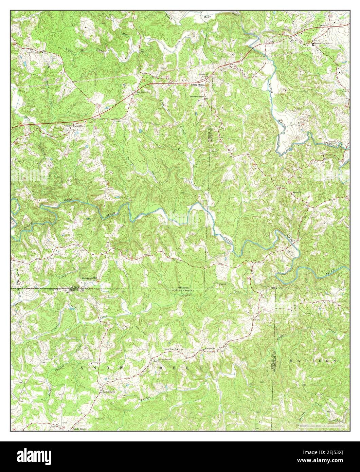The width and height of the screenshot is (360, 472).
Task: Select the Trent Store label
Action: coord(79,126)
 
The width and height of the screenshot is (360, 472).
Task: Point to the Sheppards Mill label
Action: coord(88,278)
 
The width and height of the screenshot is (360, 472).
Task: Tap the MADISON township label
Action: coord(313,360)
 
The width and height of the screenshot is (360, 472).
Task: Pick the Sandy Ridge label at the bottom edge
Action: coord(79,429)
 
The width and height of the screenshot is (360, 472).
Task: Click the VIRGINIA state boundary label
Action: coord(182,288)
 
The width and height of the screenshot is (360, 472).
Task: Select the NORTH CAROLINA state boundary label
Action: coord(183,291)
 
